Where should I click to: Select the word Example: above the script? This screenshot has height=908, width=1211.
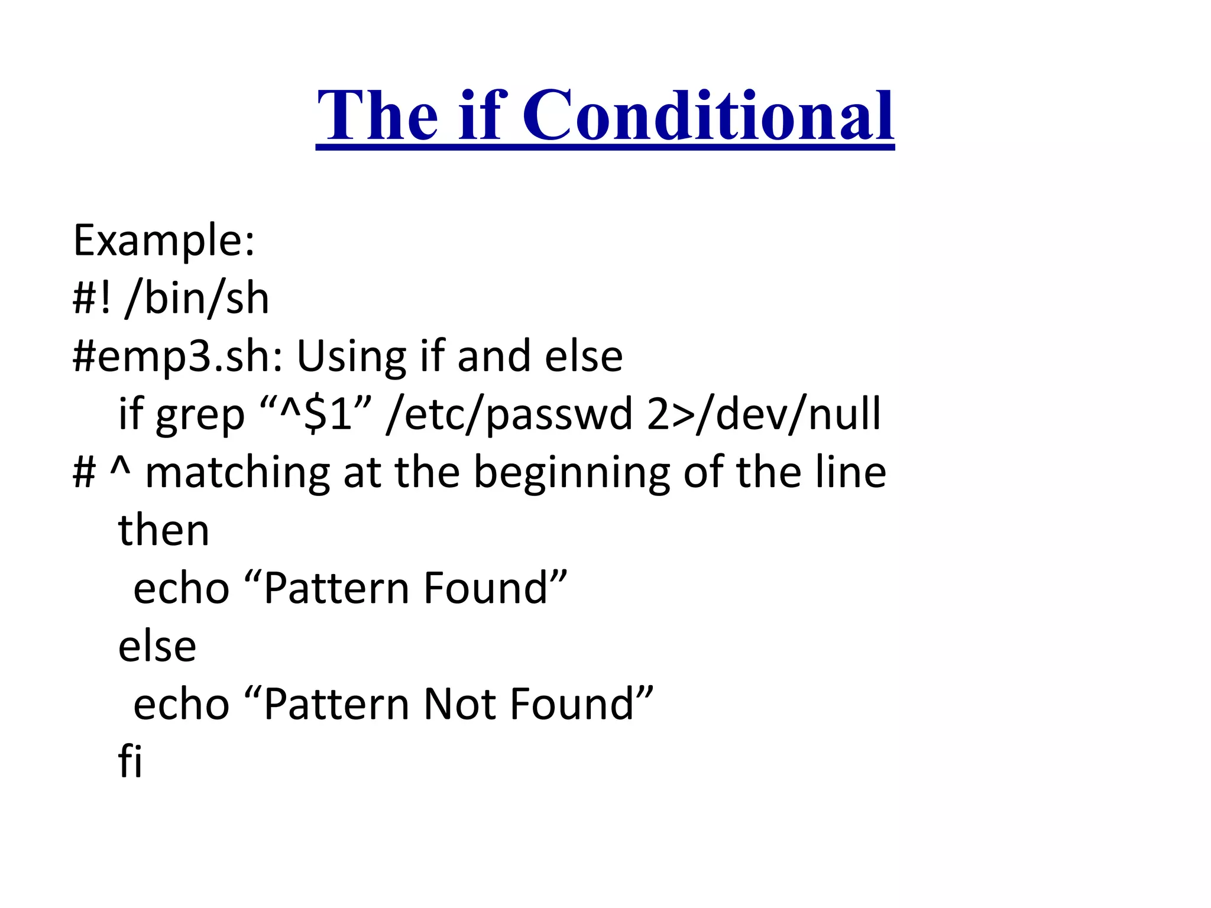pyautogui.click(x=164, y=241)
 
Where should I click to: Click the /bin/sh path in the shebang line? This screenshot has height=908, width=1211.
pyautogui.click(x=197, y=299)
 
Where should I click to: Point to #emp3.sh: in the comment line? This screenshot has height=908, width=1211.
pyautogui.click(x=177, y=357)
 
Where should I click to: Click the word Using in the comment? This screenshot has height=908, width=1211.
pyautogui.click(x=351, y=357)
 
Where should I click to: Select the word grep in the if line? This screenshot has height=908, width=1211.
pyautogui.click(x=200, y=416)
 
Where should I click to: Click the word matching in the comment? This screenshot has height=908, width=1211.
pyautogui.click(x=237, y=473)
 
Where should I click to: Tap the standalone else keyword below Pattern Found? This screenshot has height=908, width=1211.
pyautogui.click(x=157, y=646)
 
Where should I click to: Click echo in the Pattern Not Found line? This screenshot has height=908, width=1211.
pyautogui.click(x=181, y=704)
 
